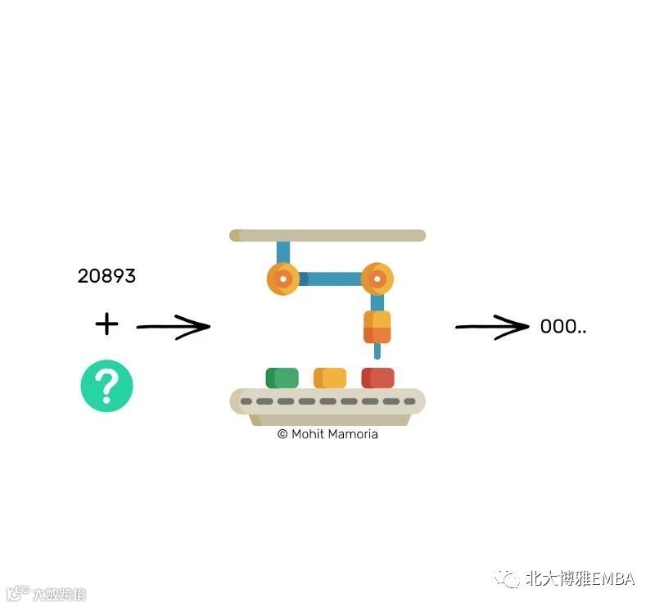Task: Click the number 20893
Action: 106,277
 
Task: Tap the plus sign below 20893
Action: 106,324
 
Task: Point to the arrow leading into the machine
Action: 173,328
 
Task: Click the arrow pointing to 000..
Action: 492,327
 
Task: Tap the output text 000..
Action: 562,327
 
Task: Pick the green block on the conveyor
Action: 282,378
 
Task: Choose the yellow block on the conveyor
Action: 330,378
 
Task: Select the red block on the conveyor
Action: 377,378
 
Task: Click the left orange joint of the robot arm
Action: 283,279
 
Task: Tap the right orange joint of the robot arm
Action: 377,279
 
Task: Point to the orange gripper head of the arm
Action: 377,327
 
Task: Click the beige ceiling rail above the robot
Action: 327,236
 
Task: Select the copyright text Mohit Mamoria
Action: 327,434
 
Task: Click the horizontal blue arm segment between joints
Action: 330,279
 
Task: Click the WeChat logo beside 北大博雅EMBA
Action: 511,579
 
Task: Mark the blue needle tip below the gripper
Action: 377,352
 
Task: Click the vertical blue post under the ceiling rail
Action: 283,251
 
